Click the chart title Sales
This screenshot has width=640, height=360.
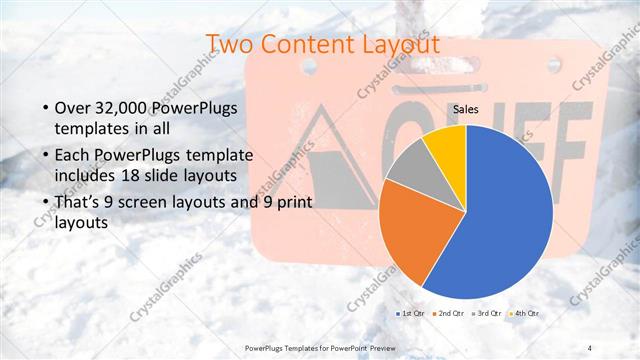point(466,109)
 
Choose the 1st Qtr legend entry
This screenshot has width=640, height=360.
point(412,314)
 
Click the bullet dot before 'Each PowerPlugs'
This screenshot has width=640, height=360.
point(43,155)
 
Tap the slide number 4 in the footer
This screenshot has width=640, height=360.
point(590,347)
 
